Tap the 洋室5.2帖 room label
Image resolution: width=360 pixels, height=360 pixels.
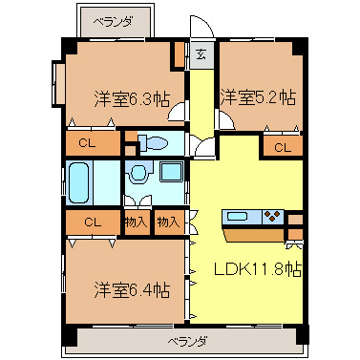258,96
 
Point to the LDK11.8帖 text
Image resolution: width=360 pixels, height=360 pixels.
256,268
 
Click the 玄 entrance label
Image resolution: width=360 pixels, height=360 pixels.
201,53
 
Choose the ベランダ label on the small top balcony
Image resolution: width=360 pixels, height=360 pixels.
113,19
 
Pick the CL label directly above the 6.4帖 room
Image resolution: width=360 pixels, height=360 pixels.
92,222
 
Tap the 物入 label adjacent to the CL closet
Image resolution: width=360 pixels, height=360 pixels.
137,222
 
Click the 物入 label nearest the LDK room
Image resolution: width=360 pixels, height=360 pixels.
168,222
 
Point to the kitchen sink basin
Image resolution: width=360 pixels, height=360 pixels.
238,216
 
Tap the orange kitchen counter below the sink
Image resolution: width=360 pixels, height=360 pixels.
253,234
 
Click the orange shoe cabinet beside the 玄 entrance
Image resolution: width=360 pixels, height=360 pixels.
180,53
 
